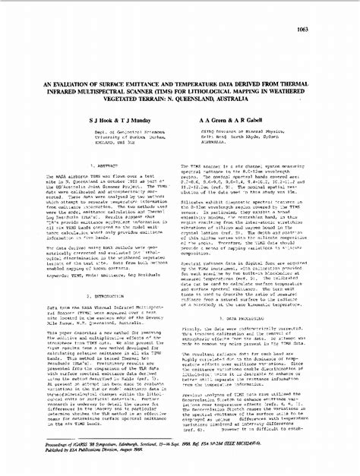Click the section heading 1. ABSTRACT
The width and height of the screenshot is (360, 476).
[102, 165]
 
